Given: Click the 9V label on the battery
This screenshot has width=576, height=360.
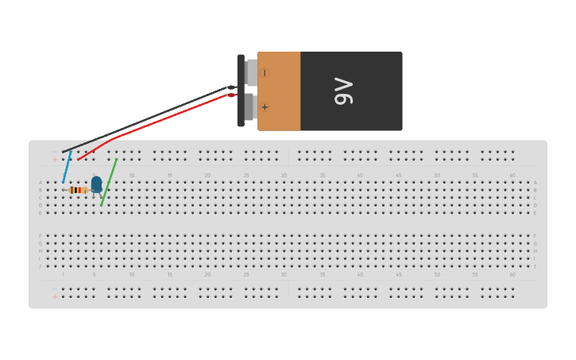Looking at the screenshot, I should click(x=343, y=91).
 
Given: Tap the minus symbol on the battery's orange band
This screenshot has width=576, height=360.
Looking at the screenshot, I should click(x=265, y=72).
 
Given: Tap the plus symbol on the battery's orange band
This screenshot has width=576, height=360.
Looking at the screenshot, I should click(x=265, y=106).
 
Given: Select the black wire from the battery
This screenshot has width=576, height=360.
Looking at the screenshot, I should click(x=151, y=118).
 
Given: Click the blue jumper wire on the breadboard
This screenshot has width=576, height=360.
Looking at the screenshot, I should click(x=68, y=167).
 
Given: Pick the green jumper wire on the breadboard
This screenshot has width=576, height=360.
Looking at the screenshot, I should click(x=109, y=183).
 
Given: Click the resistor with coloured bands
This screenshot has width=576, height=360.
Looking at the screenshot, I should click(x=78, y=190).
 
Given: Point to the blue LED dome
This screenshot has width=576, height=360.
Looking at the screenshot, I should click(x=96, y=184).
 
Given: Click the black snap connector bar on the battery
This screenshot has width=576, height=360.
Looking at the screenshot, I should click(x=241, y=90).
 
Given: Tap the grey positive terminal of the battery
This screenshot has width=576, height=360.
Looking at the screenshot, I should click(x=249, y=106).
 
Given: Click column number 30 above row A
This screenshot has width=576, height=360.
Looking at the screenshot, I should click(x=284, y=175).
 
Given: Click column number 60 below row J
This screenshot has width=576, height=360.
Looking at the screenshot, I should click(x=512, y=275).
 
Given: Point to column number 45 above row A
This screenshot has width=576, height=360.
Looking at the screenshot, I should click(x=398, y=175).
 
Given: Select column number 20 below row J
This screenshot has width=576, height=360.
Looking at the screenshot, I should click(x=207, y=275).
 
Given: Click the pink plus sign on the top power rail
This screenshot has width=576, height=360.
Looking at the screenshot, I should click(x=55, y=159).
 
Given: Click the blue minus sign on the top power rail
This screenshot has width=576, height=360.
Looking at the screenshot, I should click(x=55, y=151).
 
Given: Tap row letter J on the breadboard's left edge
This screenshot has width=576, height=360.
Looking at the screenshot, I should click(x=41, y=266).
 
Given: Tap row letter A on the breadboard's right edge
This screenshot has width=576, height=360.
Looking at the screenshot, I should click(x=535, y=183).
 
